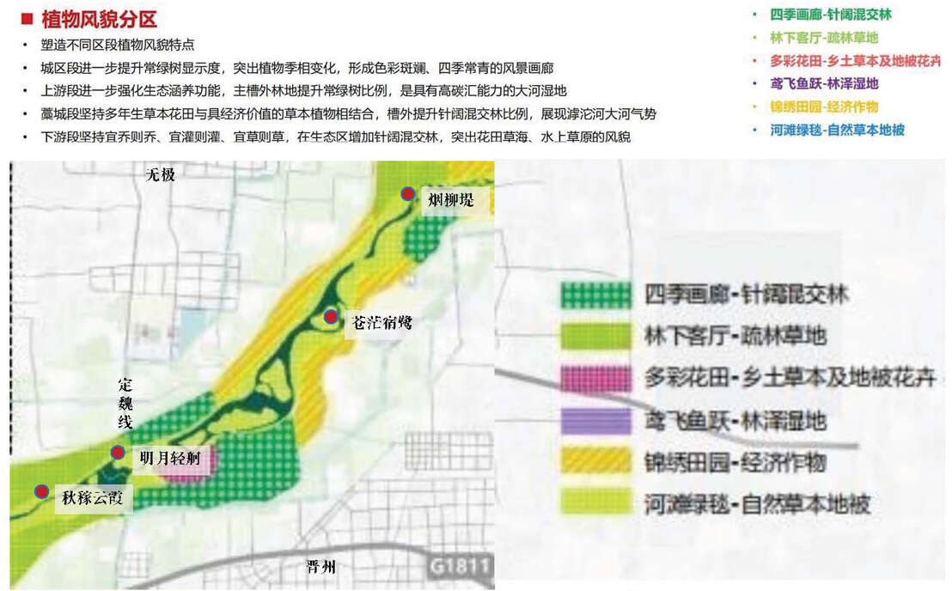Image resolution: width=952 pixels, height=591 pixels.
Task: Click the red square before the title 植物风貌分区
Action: [27, 20]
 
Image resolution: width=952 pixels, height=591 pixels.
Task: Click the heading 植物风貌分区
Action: [99, 20]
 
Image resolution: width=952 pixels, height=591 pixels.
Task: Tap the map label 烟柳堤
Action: [449, 200]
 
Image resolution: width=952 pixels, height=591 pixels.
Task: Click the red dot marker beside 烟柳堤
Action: [408, 194]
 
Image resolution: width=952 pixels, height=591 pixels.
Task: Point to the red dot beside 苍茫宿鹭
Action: [331, 317]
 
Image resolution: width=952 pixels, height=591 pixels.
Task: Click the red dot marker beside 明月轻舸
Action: [118, 452]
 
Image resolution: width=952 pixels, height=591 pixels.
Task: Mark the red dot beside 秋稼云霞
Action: [41, 490]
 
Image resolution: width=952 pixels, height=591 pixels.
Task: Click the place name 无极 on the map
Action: [160, 174]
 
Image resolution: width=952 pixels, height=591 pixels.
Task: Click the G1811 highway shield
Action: [460, 566]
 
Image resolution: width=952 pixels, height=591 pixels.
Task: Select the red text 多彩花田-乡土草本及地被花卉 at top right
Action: [855, 61]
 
